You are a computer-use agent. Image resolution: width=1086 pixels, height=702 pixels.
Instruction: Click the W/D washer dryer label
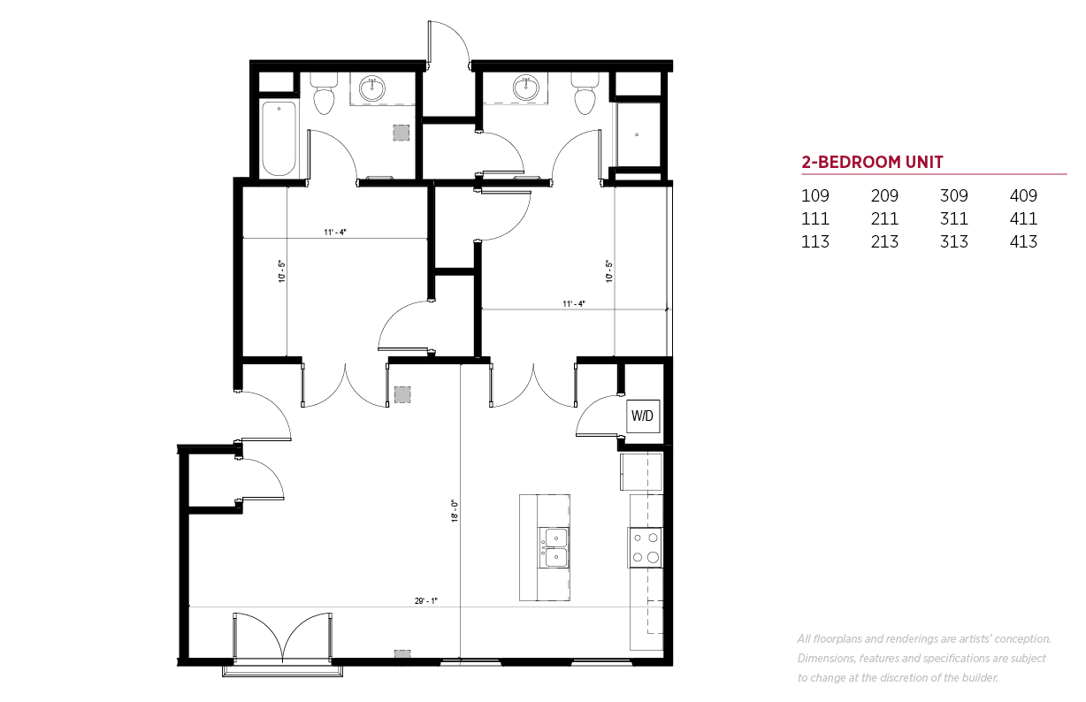pyautogui.click(x=642, y=416)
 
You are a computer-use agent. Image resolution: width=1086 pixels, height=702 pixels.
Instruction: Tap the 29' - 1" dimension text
pyautogui.click(x=426, y=600)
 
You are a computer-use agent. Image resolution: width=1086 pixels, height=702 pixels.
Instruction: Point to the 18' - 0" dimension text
pyautogui.click(x=455, y=510)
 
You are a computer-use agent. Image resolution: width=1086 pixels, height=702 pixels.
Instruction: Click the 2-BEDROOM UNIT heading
pyautogui.click(x=872, y=162)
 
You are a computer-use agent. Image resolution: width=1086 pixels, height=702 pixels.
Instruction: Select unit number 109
pyautogui.click(x=815, y=196)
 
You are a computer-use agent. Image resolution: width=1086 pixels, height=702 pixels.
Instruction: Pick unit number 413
pyautogui.click(x=1023, y=241)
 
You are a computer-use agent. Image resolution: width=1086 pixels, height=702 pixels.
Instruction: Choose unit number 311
pyautogui.click(x=953, y=218)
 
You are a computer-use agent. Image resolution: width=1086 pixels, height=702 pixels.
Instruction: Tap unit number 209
pyautogui.click(x=884, y=196)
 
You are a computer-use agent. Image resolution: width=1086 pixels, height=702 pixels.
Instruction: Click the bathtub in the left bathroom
pyautogui.click(x=279, y=139)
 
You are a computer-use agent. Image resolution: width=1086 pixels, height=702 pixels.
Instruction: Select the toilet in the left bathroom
pyautogui.click(x=324, y=94)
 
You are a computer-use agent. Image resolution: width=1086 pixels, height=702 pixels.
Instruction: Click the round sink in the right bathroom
pyautogui.click(x=526, y=88)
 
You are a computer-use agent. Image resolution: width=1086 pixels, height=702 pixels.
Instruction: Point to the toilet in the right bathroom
pyautogui.click(x=585, y=94)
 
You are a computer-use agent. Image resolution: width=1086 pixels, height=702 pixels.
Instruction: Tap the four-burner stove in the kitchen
pyautogui.click(x=646, y=547)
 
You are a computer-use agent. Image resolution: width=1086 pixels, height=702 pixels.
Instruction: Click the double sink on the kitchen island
pyautogui.click(x=554, y=548)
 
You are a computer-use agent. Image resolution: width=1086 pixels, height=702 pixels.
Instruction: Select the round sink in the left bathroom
pyautogui.click(x=372, y=88)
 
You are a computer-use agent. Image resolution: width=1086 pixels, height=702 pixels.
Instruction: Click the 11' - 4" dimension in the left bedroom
pyautogui.click(x=335, y=233)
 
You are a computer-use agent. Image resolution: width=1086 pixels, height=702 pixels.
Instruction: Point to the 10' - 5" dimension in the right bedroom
pyautogui.click(x=609, y=271)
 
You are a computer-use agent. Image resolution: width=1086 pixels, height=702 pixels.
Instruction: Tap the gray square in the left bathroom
pyautogui.click(x=401, y=133)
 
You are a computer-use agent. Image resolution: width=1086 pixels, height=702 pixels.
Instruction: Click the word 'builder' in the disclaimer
pyautogui.click(x=980, y=678)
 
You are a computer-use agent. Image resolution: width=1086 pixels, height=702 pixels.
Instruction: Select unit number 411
pyautogui.click(x=1023, y=218)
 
